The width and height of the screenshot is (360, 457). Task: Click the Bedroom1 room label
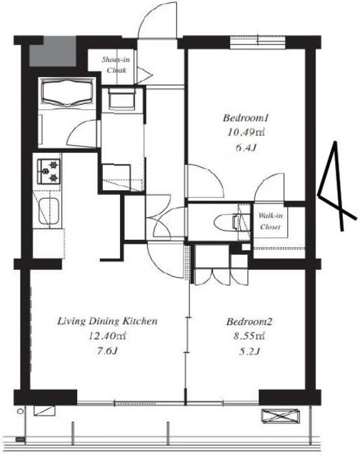tap(246, 118)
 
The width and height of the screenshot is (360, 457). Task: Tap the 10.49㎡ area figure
tap(246, 133)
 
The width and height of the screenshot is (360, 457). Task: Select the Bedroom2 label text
tap(249, 322)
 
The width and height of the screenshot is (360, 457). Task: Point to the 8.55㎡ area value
tap(249, 336)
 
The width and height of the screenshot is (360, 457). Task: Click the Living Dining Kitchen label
tap(107, 321)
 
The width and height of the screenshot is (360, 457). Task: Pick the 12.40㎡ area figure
tap(107, 336)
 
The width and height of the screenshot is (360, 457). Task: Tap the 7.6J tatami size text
tap(107, 351)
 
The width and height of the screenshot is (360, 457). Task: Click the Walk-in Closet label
tap(271, 221)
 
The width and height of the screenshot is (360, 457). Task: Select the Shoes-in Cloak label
tap(116, 65)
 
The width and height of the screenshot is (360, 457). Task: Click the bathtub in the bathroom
tap(67, 92)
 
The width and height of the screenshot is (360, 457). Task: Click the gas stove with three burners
tap(49, 171)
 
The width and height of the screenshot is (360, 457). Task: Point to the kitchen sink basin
tap(49, 211)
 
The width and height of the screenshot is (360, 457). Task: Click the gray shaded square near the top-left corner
tap(53, 51)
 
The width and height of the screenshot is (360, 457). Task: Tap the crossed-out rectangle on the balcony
tap(280, 416)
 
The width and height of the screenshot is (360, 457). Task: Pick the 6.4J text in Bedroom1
tap(246, 148)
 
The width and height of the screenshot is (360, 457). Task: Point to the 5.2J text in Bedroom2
tap(249, 351)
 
